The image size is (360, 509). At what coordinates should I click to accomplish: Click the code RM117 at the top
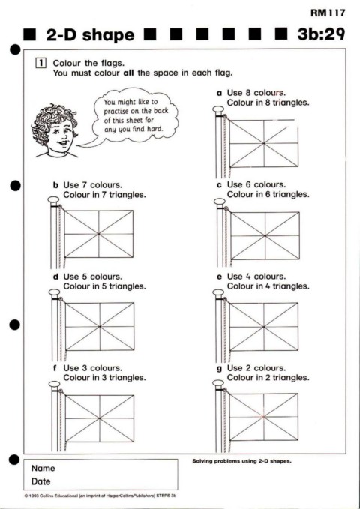(x=328, y=13)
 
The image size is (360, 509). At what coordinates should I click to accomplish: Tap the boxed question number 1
(x=40, y=63)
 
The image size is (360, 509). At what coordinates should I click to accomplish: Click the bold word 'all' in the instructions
(x=128, y=73)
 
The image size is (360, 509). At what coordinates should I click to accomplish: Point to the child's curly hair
(x=53, y=119)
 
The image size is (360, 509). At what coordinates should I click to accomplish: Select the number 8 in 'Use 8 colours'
(x=248, y=93)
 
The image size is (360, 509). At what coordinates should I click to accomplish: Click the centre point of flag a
(x=263, y=143)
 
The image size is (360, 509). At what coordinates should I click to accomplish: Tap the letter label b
(x=56, y=185)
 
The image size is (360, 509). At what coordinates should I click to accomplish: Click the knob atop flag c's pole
(x=220, y=202)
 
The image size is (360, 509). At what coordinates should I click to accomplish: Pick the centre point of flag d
(x=100, y=326)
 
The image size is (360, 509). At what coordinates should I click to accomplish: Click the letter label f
(x=55, y=368)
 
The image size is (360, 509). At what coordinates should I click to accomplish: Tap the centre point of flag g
(x=263, y=417)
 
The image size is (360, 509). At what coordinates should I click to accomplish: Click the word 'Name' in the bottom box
(x=43, y=468)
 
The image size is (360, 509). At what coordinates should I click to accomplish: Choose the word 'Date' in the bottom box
(x=41, y=481)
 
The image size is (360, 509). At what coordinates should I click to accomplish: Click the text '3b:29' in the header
(x=321, y=34)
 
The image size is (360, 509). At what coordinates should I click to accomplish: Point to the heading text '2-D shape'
(x=90, y=35)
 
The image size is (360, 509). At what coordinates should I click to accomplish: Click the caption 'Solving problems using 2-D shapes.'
(x=241, y=461)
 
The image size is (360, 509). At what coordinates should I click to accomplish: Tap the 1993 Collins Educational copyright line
(x=100, y=496)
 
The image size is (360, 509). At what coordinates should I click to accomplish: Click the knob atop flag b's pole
(x=53, y=199)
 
